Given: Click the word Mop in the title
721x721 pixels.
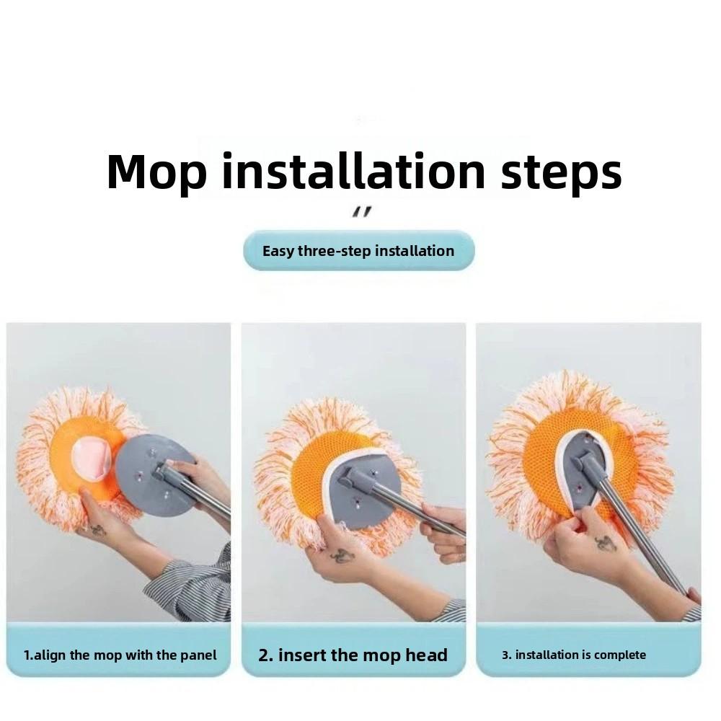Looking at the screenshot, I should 156,173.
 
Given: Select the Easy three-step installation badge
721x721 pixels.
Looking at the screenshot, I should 358,251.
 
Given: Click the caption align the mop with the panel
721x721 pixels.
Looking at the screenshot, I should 120,655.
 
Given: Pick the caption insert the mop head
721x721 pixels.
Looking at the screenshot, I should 353,655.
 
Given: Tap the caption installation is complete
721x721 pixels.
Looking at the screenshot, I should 574,655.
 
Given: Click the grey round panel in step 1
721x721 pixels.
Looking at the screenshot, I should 151,476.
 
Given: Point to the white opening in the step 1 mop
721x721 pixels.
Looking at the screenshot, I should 91,459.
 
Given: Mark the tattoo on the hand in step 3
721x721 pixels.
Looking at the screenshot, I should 606,543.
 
